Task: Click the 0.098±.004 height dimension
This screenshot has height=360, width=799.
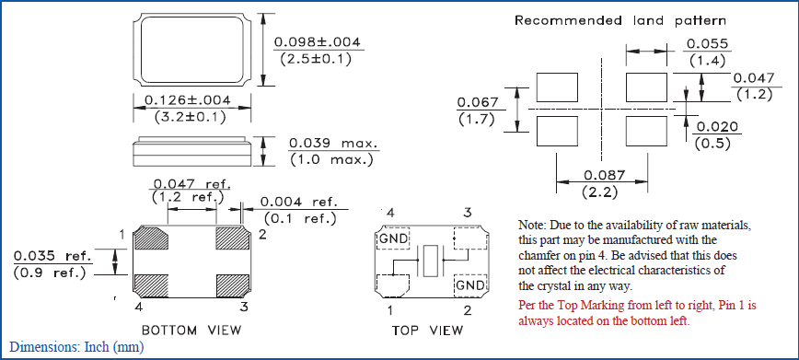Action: point(317,41)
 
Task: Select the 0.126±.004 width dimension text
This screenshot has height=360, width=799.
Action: point(188,100)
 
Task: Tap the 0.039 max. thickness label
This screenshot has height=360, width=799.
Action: point(334,144)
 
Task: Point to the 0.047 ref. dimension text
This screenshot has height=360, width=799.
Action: point(192,183)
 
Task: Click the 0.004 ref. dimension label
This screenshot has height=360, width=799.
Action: point(300,202)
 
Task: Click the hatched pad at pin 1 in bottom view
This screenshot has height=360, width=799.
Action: point(151,238)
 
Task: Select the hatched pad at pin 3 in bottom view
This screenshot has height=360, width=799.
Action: point(234,285)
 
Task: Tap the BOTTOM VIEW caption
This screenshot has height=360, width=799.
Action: point(191,330)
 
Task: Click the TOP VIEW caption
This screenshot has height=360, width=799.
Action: point(428,330)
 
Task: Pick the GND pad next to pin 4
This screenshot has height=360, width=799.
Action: point(393,238)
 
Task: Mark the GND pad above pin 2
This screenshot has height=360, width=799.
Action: point(470,285)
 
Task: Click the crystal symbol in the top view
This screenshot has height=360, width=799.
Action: point(431,261)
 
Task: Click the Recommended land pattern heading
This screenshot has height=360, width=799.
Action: point(620,21)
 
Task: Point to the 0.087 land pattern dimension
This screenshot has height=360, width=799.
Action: point(605,176)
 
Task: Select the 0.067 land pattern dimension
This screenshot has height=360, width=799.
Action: point(478,102)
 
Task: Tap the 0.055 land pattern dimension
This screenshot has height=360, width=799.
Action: point(707,44)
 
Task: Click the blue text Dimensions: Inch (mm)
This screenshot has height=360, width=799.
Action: point(77,347)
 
